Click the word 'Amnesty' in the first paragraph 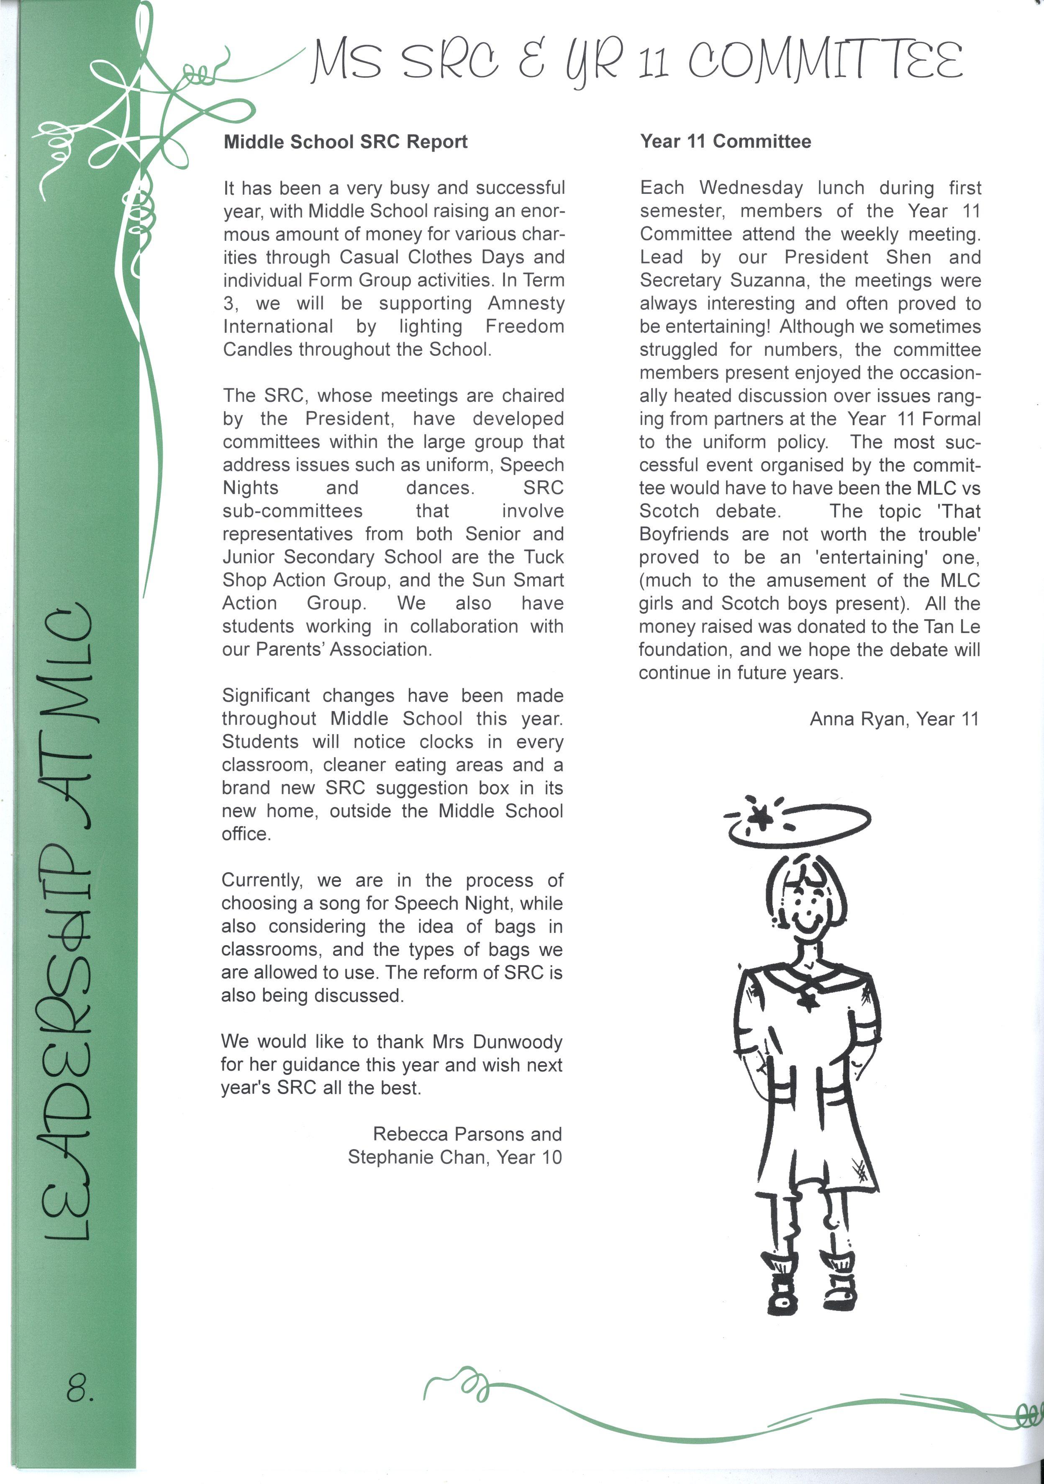pos(526,303)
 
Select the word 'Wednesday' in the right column pos(751,188)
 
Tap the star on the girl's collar pos(806,1000)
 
